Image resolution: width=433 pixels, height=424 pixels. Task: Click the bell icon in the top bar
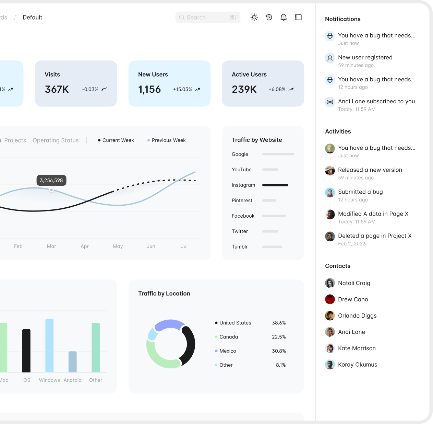pos(283,18)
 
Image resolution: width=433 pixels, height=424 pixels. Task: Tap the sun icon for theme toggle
pos(254,18)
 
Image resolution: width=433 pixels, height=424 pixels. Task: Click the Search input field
pos(208,18)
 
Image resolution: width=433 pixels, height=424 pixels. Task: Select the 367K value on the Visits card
pos(57,89)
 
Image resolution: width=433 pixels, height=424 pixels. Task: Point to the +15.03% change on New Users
pos(182,89)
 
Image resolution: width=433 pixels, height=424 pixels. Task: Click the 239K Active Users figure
pos(244,89)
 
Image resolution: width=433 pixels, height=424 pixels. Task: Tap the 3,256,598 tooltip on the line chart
pos(51,180)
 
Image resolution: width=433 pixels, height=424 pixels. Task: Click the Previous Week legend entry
pos(166,140)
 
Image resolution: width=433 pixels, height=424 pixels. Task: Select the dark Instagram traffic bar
pos(275,185)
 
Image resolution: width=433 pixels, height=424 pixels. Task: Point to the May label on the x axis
pos(118,246)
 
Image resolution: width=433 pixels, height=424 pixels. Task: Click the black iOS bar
pos(26,351)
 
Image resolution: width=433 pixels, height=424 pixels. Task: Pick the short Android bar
pos(73,362)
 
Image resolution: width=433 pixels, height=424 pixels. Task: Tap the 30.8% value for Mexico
pos(279,351)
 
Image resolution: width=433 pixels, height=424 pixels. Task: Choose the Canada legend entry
pos(227,337)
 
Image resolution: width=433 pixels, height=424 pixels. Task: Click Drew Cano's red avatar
pos(330,299)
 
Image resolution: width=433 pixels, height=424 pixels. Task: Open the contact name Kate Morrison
pos(357,348)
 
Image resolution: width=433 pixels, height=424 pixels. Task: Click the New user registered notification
pos(365,57)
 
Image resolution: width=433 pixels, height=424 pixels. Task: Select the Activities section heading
pos(338,131)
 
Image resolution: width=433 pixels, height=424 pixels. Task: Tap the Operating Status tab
pos(56,140)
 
